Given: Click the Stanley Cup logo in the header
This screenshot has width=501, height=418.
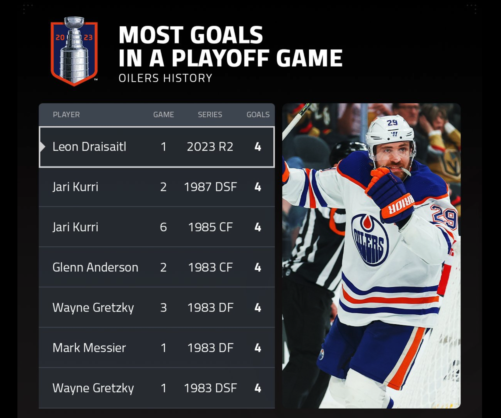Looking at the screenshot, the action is coord(74,51).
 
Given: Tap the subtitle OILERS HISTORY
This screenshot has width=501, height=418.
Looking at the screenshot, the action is coord(165,78).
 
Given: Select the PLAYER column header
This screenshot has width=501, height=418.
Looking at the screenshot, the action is coord(66,115).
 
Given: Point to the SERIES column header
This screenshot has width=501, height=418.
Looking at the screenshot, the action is coord(210,115).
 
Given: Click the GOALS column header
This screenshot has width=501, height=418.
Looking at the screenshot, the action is coord(258,115).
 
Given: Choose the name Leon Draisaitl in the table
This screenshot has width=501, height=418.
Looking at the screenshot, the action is coord(89,147).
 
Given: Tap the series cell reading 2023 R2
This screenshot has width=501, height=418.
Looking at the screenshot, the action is coord(210,147).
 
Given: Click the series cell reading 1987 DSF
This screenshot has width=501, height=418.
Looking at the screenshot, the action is coord(210,187).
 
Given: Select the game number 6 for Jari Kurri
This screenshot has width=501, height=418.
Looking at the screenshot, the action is coord(163,227).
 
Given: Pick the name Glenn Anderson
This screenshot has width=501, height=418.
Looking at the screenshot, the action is coord(95,267).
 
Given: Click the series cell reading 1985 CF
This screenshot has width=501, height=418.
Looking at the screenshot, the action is coord(210,227).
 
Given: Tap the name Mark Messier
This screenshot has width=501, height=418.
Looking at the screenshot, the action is coord(89,348).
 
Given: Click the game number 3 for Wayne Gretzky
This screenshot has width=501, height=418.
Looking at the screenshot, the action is coord(163,308).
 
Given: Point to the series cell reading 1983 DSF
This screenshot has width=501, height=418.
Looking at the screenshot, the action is coord(210,388).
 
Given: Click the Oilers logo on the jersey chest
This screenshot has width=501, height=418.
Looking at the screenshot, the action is coord(370,239).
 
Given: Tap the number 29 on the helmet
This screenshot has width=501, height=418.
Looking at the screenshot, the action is coord(392,123).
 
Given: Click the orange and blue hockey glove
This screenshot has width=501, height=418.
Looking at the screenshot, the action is coord(390,195).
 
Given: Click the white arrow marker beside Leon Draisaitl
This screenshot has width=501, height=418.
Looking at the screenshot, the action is coord(43,147).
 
